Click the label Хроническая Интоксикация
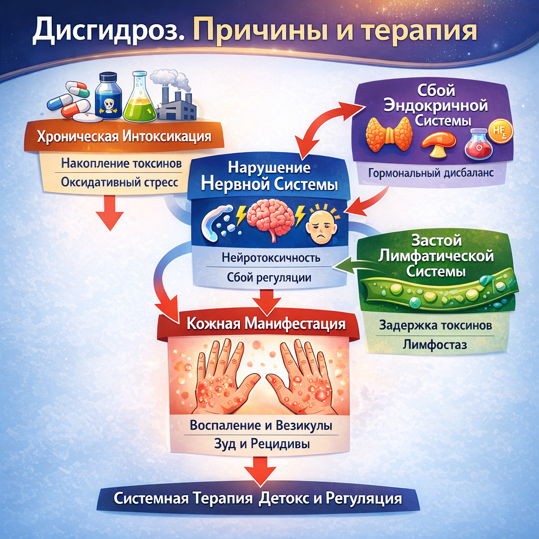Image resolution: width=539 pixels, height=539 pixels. [x=124, y=138]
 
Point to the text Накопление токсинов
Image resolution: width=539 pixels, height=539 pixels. [x=122, y=163]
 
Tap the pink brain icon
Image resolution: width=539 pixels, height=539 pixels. [x=269, y=221]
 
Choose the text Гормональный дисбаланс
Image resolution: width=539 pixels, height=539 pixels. [x=431, y=173]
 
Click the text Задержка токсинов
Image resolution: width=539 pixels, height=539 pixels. [x=436, y=325]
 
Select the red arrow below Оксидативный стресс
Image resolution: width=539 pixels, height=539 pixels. [x=111, y=214]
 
